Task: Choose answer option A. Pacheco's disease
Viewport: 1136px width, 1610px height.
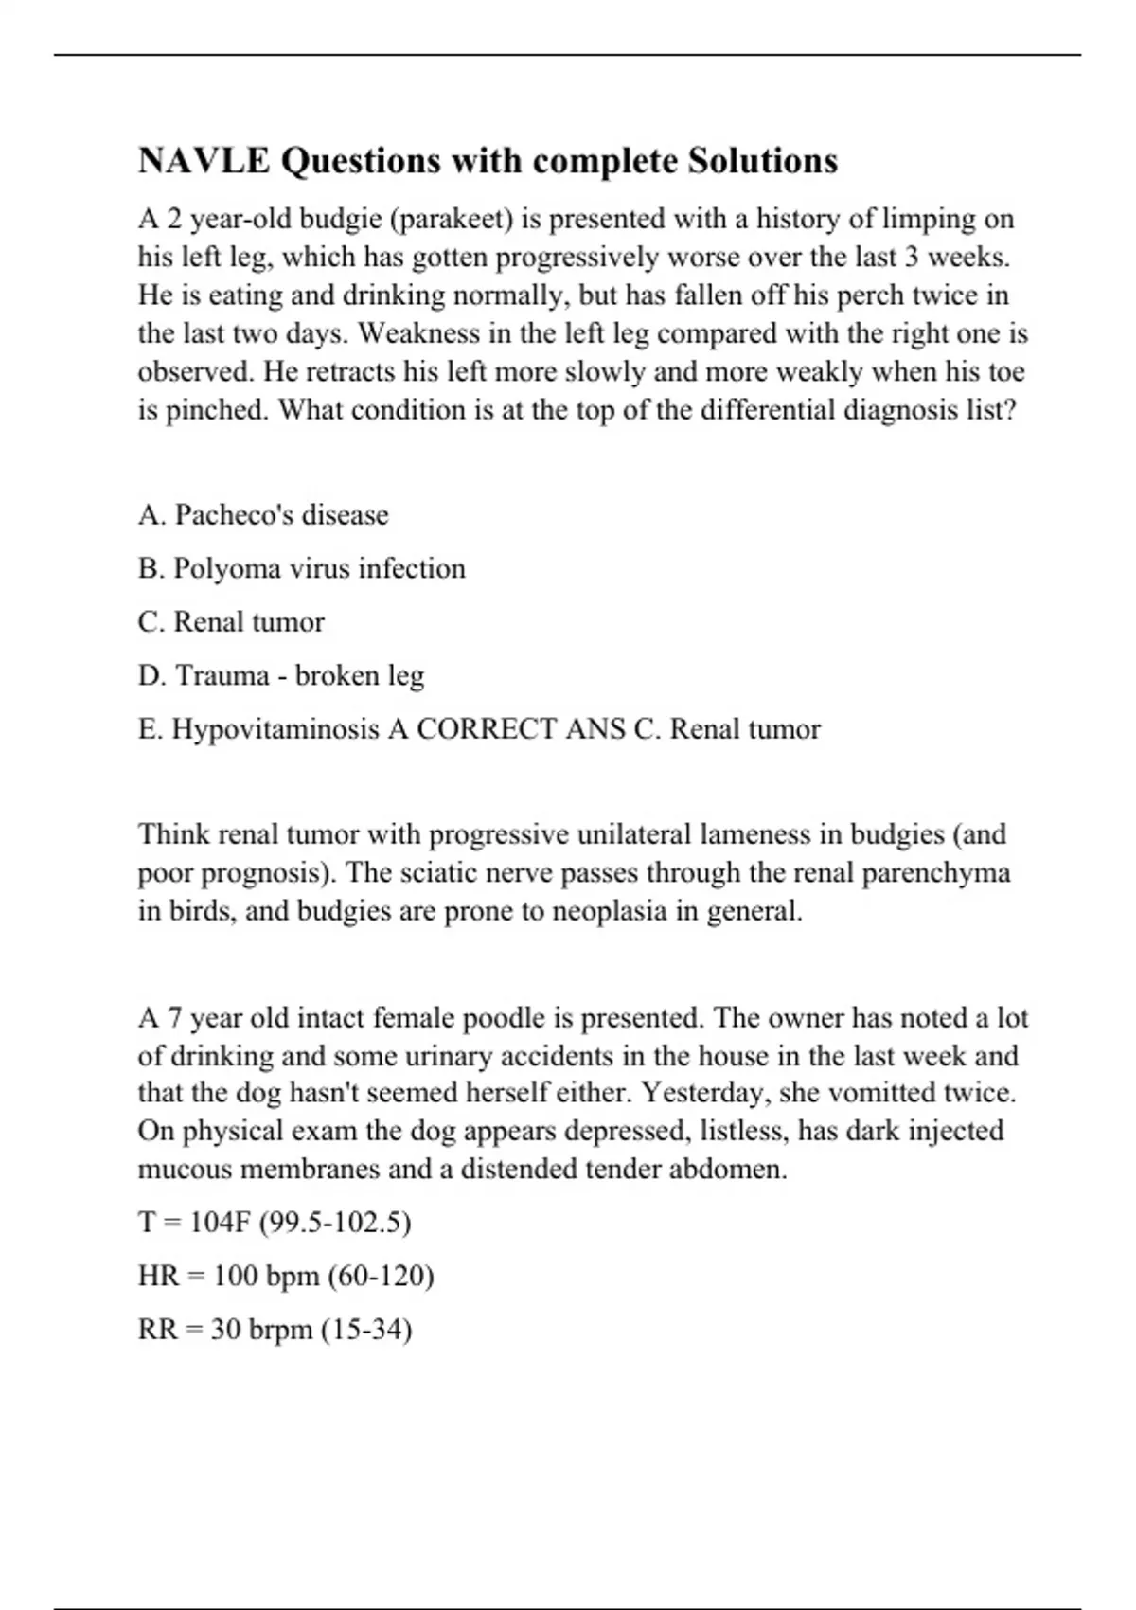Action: (263, 515)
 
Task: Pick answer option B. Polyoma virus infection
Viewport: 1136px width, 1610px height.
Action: (301, 568)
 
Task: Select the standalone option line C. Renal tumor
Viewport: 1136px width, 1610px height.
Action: (231, 622)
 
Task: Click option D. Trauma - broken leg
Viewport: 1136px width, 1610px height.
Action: (280, 675)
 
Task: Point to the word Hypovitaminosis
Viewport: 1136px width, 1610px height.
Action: (275, 729)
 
